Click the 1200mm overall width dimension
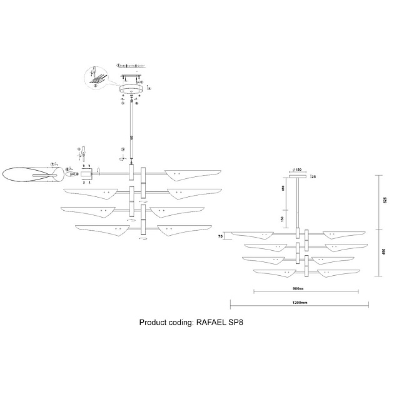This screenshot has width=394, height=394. (300, 302)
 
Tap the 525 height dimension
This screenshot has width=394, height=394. (386, 201)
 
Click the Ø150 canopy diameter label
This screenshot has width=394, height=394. (298, 170)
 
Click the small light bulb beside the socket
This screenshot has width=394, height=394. (70, 170)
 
